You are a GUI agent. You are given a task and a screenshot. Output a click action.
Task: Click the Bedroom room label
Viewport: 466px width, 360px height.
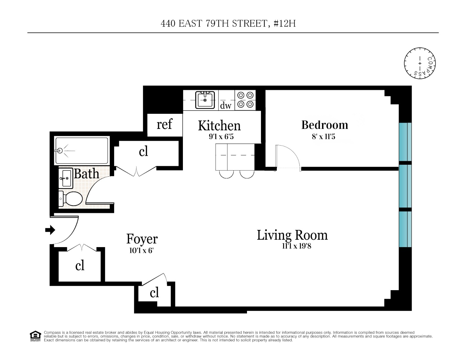(x=324, y=125)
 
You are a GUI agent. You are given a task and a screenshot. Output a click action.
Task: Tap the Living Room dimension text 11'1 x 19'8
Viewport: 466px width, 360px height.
(x=296, y=246)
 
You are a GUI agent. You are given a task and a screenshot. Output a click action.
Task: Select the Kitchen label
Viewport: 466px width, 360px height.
(x=219, y=126)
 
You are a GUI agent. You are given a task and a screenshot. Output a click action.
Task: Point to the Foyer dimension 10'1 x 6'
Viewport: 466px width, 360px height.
(x=141, y=250)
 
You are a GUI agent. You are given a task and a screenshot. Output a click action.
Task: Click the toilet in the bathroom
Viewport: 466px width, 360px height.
(x=71, y=198)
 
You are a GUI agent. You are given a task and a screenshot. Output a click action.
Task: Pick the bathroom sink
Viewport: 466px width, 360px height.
(x=66, y=178)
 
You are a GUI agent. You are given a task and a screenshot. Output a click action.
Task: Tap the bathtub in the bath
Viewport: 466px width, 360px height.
(x=82, y=150)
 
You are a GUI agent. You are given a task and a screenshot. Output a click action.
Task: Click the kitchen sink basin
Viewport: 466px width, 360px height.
(x=205, y=100)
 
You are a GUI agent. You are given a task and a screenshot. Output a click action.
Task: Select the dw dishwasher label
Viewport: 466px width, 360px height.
(x=226, y=105)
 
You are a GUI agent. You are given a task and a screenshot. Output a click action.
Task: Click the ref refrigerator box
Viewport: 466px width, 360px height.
(x=165, y=124)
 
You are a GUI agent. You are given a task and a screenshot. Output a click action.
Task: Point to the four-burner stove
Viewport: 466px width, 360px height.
(x=245, y=100)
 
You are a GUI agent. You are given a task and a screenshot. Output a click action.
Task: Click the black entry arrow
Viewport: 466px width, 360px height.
(x=50, y=230)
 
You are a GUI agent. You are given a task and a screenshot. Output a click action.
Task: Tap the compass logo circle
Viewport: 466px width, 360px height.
(x=420, y=63)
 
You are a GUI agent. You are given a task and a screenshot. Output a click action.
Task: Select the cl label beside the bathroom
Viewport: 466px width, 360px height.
(x=143, y=151)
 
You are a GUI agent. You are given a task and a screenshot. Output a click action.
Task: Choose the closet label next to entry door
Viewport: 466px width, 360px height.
(x=80, y=265)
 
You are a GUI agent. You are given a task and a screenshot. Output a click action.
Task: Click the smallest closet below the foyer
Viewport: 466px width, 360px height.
(x=154, y=293)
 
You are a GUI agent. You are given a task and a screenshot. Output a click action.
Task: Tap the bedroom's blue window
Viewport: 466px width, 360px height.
(x=405, y=142)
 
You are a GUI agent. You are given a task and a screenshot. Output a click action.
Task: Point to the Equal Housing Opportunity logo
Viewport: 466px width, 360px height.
(x=35, y=336)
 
